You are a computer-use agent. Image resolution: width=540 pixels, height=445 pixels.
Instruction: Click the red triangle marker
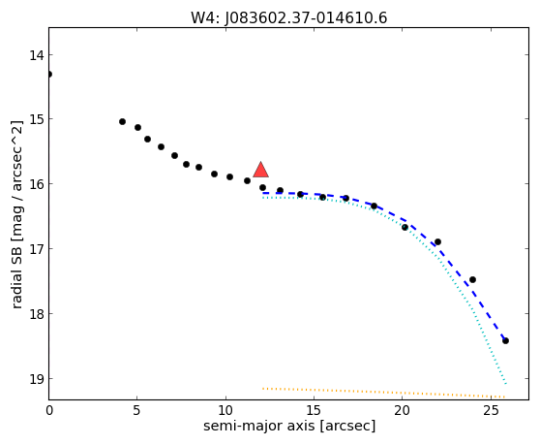click(260, 170)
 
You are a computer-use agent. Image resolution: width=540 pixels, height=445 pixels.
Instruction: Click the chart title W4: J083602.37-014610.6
click(289, 18)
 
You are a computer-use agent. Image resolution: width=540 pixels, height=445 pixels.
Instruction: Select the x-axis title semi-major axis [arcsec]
click(289, 426)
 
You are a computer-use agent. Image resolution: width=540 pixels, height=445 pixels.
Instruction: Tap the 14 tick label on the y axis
click(36, 55)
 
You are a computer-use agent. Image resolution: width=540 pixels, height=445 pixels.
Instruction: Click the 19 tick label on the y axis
click(36, 379)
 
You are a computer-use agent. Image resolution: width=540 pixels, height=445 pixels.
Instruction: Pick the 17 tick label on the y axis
click(36, 249)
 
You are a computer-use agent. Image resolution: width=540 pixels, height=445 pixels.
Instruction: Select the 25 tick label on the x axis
click(491, 410)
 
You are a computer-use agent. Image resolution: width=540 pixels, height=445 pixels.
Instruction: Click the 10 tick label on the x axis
click(225, 410)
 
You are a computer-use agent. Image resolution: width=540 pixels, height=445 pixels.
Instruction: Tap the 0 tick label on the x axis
click(49, 410)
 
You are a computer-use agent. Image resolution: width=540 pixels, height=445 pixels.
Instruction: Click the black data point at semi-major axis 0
click(49, 74)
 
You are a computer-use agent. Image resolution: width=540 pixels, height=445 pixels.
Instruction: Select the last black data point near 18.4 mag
click(505, 341)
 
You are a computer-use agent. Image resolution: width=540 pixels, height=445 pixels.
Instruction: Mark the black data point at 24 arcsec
click(473, 279)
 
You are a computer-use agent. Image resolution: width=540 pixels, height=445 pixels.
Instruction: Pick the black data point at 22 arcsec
click(437, 241)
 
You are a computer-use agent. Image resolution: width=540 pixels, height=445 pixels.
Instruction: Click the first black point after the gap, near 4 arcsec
click(122, 121)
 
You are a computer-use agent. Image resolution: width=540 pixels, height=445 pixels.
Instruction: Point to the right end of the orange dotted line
click(505, 397)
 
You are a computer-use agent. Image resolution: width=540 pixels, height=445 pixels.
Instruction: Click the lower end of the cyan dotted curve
click(506, 383)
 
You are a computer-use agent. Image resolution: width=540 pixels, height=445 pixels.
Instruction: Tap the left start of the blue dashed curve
click(263, 193)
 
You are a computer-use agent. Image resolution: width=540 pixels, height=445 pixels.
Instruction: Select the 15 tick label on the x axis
click(314, 410)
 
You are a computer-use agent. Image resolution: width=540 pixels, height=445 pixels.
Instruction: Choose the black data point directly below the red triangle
click(263, 188)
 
